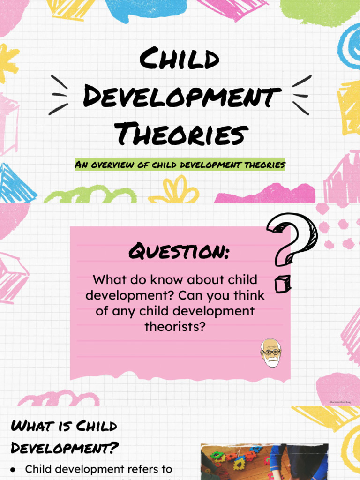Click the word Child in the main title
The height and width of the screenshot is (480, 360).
180,61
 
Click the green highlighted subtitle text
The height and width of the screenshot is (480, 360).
180,165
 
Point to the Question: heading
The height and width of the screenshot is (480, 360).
180,253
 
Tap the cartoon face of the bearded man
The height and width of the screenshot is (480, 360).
271,352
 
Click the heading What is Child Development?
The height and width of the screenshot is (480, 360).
64,436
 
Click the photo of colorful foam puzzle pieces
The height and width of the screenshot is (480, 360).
264,461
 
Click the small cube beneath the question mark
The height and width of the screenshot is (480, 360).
283,283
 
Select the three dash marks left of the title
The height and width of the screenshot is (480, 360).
60,95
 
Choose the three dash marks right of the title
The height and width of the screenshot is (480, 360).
301,95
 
